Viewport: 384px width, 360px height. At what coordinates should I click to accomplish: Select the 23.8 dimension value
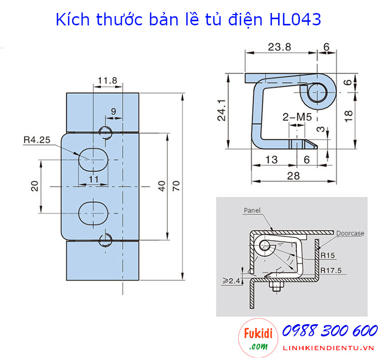coord(280,47)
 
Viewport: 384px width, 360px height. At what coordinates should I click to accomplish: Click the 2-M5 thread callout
coord(296,118)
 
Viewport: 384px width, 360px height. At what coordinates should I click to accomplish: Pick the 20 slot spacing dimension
coord(35,186)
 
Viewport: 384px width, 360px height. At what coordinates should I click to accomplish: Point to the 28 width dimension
coord(293,175)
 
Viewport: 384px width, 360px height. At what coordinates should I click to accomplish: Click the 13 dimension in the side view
coord(270,160)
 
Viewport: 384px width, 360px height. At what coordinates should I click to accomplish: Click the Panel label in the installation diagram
coord(251,211)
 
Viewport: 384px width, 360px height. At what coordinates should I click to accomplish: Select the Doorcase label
coord(349,233)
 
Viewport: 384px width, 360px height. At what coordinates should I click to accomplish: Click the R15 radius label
coord(327,255)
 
